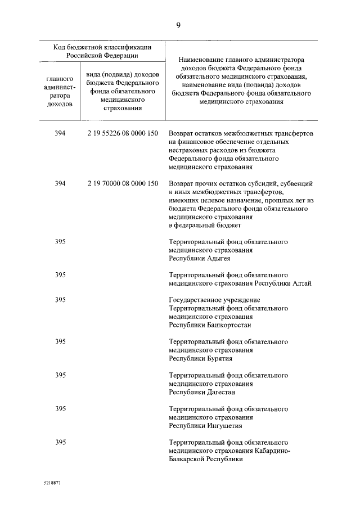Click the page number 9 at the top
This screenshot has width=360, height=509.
click(178, 25)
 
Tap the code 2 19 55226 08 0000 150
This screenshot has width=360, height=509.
click(123, 133)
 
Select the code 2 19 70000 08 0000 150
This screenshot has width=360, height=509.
click(123, 183)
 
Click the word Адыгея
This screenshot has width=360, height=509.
click(216, 258)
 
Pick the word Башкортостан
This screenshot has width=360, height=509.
click(226, 325)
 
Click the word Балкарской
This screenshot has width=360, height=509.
click(187, 459)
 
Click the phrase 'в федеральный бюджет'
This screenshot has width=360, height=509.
click(205, 225)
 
